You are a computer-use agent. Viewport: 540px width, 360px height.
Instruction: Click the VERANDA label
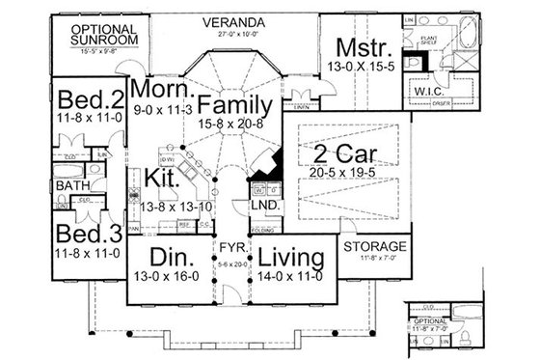tap(241, 20)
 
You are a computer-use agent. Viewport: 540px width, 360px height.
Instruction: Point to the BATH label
tap(72, 185)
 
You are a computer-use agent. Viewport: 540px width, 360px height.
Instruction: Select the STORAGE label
tap(376, 246)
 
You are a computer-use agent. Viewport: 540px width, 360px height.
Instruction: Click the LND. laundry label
tap(264, 207)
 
